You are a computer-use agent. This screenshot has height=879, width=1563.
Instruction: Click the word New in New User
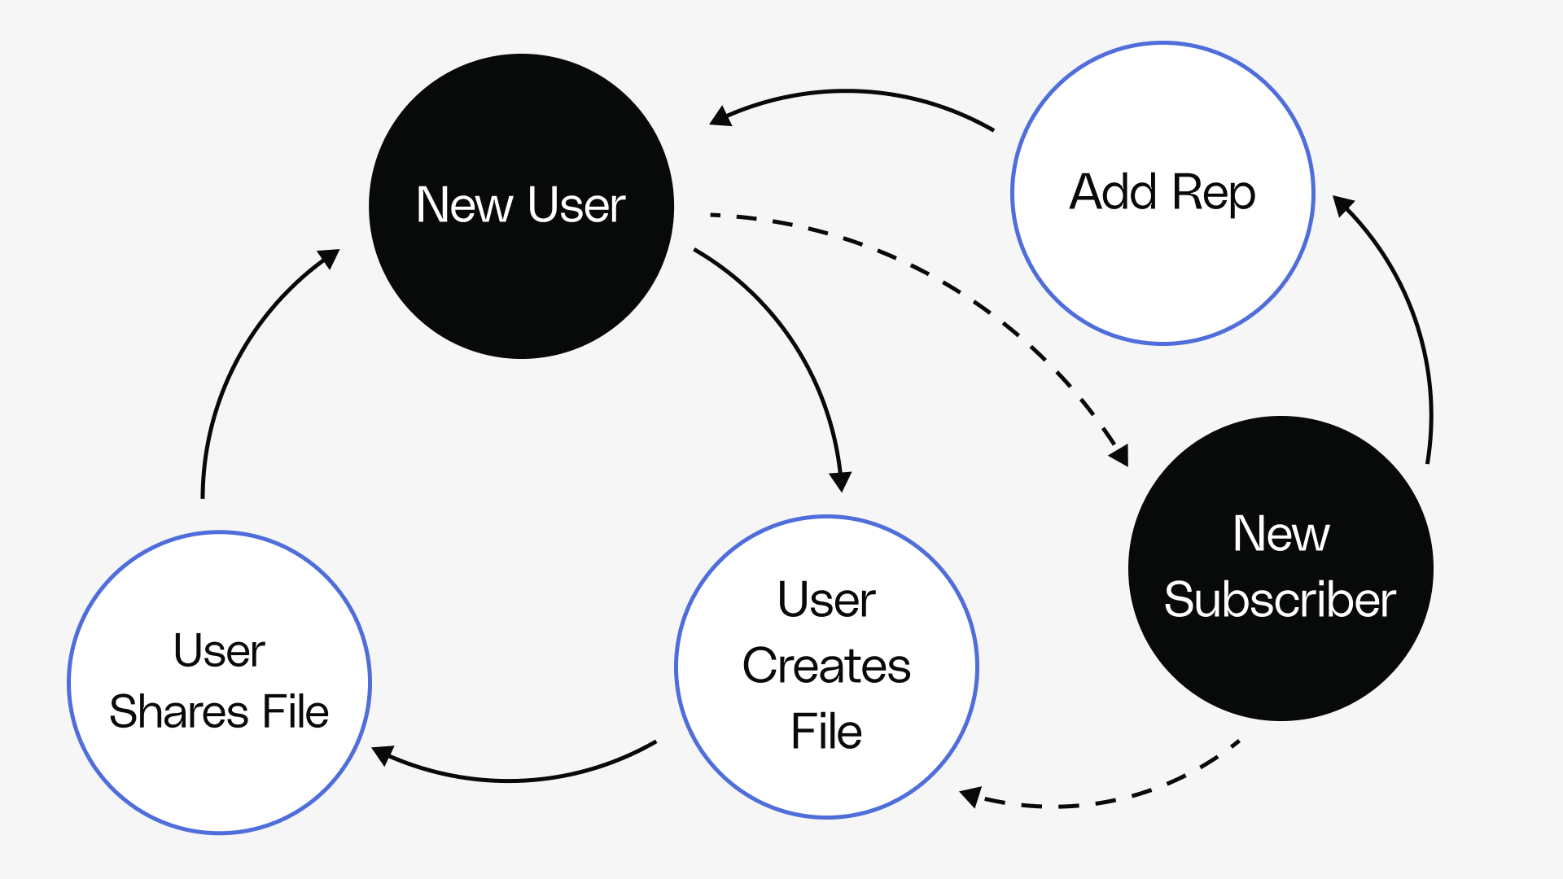(464, 204)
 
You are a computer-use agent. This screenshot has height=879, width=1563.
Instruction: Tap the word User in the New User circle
(576, 204)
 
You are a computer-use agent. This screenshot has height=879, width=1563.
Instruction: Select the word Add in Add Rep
(1113, 192)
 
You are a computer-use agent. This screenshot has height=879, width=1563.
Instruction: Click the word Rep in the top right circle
(1214, 194)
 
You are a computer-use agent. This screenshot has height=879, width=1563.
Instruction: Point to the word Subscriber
(1280, 600)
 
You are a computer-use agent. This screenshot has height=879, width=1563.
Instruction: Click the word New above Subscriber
(1281, 534)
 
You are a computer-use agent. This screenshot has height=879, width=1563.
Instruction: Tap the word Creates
(826, 666)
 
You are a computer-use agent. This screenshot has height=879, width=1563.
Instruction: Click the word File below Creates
(826, 731)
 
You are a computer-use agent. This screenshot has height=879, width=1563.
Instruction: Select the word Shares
(178, 711)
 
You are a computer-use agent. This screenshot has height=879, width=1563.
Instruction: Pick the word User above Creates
(826, 600)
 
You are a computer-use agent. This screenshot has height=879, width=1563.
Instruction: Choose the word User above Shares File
(219, 650)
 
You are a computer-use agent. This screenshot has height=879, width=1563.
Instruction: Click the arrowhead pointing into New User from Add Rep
(720, 116)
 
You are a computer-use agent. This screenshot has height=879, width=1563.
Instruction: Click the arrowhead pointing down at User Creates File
(840, 481)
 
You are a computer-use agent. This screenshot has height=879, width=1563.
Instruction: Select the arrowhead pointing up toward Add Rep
(1342, 205)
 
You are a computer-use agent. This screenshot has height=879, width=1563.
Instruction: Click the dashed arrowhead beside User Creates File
(970, 796)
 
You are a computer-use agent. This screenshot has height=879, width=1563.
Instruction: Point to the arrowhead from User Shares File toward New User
(329, 258)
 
